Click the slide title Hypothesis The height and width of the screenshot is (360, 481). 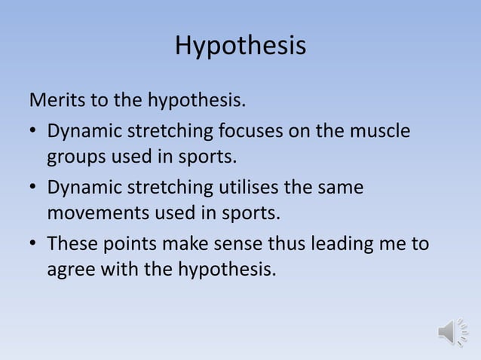coord(240,46)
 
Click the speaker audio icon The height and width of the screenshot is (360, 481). coord(452,332)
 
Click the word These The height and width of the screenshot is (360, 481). coord(72,243)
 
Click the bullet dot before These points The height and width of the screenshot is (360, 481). coord(34,243)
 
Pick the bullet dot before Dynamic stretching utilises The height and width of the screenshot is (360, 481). coord(34,187)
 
